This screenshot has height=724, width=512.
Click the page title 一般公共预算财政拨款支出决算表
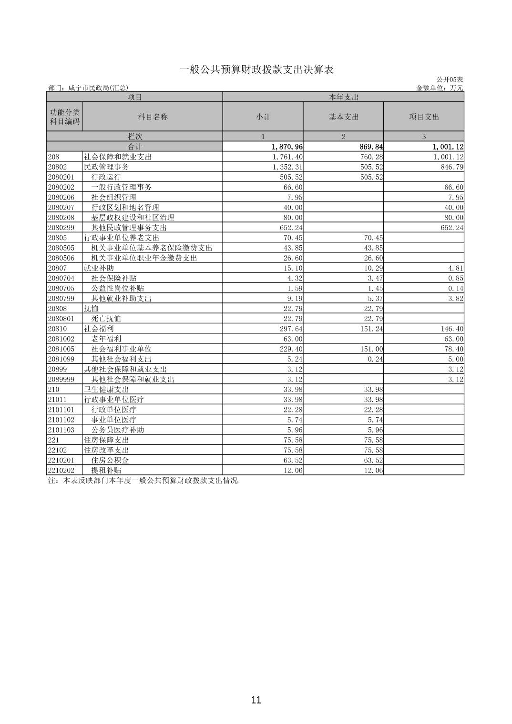pos(256,70)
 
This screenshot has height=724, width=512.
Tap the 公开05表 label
pos(450,80)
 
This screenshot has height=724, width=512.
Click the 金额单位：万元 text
pos(440,88)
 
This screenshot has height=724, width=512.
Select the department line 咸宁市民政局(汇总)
pos(88,88)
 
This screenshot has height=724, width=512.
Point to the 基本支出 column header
pos(343,117)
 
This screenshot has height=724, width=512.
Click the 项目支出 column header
pos(424,117)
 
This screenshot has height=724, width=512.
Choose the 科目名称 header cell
pos(153,117)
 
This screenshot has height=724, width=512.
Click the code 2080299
pos(61,227)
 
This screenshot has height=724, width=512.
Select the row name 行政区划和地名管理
pos(125,207)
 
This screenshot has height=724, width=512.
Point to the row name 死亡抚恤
pos(106,318)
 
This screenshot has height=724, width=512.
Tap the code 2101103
pos(61,430)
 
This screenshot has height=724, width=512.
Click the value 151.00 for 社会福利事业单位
pos(372,349)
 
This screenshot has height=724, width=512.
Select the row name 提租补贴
pos(106,470)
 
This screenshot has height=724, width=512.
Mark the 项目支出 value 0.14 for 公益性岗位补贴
pos(456,288)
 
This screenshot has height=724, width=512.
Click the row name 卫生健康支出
pos(106,389)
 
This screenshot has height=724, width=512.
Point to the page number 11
pos(256,700)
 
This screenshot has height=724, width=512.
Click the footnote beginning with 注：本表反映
pos(143,480)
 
